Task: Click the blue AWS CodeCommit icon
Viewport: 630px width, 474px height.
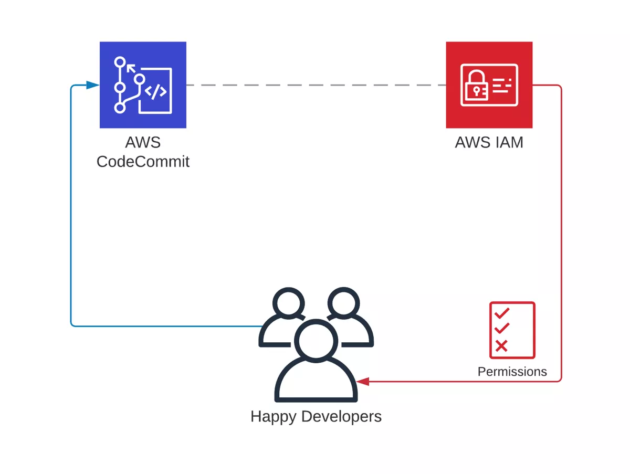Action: pos(143,85)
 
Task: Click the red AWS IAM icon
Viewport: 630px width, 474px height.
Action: pos(489,85)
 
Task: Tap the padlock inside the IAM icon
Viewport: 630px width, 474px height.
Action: pos(476,85)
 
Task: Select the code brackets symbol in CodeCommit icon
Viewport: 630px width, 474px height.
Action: pos(155,91)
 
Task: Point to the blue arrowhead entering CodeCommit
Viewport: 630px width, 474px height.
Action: pos(93,85)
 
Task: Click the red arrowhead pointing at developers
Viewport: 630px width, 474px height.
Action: pos(362,381)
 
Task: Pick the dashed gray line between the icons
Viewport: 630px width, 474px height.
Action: pos(316,85)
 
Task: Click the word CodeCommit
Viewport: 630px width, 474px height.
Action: pos(143,161)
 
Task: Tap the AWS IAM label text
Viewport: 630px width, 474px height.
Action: pos(489,142)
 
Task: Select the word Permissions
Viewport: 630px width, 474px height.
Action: pos(512,372)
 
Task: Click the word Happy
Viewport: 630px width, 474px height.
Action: pos(273,417)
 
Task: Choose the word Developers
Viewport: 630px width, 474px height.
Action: pos(341,416)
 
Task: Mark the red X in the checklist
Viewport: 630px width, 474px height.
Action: pos(501,346)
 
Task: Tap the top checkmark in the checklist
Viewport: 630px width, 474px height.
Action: pos(502,313)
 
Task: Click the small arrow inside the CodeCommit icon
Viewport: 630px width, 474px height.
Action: pos(131,69)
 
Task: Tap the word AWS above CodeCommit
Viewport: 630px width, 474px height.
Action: pos(143,142)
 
